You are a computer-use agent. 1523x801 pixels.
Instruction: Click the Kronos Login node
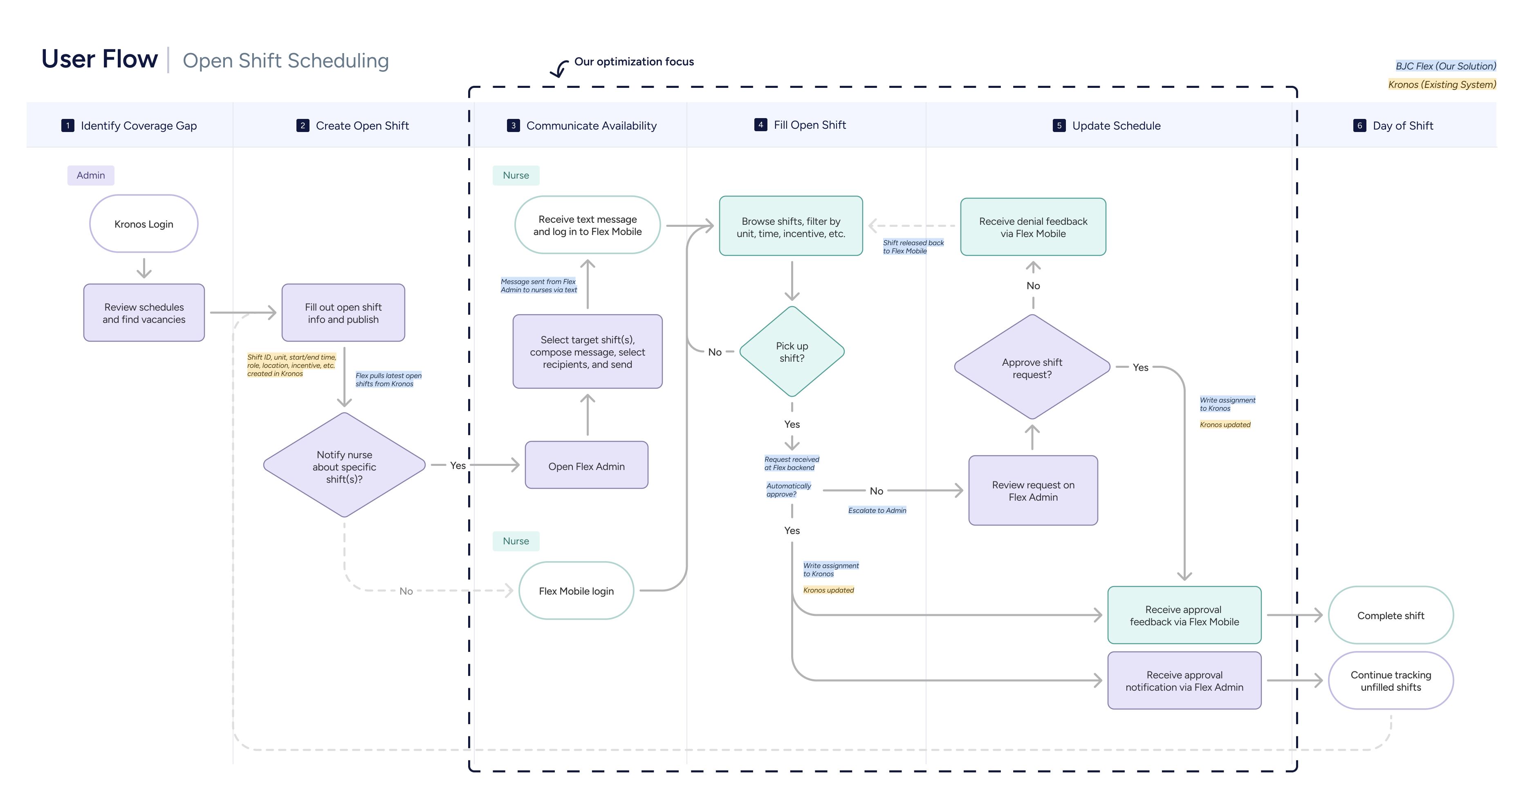144,224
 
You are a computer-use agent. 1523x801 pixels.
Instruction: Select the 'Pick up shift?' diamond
792,352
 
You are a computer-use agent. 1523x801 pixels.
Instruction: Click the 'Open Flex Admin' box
586,466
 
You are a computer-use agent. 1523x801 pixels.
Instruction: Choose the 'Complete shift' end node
1390,615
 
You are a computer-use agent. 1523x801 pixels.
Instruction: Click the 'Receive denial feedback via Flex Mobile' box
1032,227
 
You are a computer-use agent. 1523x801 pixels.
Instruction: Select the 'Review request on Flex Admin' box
1032,491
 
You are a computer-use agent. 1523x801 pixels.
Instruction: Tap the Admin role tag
90,175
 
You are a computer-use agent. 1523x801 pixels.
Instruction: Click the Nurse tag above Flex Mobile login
516,541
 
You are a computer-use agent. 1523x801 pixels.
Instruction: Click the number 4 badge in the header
760,125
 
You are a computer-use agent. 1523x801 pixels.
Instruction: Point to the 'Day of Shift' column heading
1402,125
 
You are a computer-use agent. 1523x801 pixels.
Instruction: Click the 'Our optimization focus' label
634,61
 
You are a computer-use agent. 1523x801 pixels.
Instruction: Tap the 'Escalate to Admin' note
877,510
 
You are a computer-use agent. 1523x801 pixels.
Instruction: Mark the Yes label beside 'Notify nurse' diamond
458,465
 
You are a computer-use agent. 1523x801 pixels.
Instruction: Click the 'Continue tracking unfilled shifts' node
1390,680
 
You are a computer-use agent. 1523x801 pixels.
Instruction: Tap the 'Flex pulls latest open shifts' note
388,380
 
